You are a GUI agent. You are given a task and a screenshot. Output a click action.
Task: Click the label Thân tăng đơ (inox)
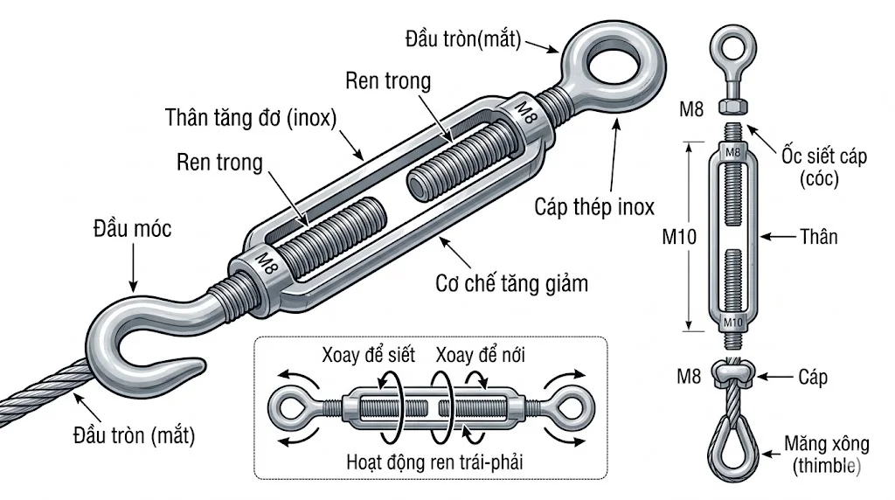251,119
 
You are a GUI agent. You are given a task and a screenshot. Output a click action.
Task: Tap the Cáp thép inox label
594,207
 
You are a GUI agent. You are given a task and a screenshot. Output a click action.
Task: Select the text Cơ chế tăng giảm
511,283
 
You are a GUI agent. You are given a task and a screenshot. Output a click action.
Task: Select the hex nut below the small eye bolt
732,107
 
